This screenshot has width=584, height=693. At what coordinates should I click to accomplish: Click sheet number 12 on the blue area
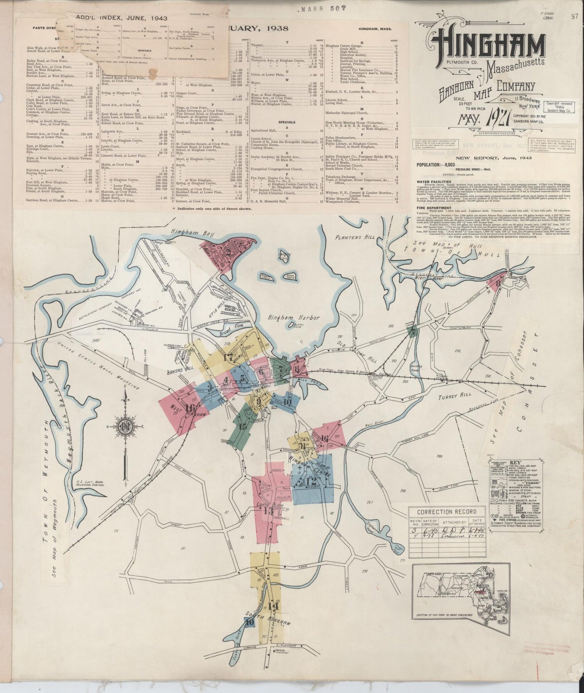tap(311, 482)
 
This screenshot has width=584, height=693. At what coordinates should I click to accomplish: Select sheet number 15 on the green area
tap(242, 426)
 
